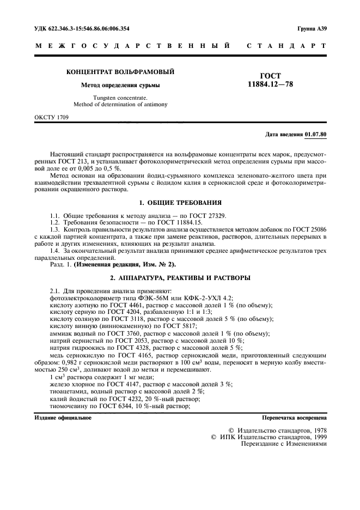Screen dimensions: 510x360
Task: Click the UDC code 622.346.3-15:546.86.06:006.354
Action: tap(82, 28)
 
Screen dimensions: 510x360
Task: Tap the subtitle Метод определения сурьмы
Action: tap(120, 85)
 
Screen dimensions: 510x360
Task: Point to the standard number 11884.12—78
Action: tap(270, 84)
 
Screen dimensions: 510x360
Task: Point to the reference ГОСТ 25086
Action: tap(312, 229)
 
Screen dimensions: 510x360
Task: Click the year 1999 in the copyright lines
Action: tap(317, 436)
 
